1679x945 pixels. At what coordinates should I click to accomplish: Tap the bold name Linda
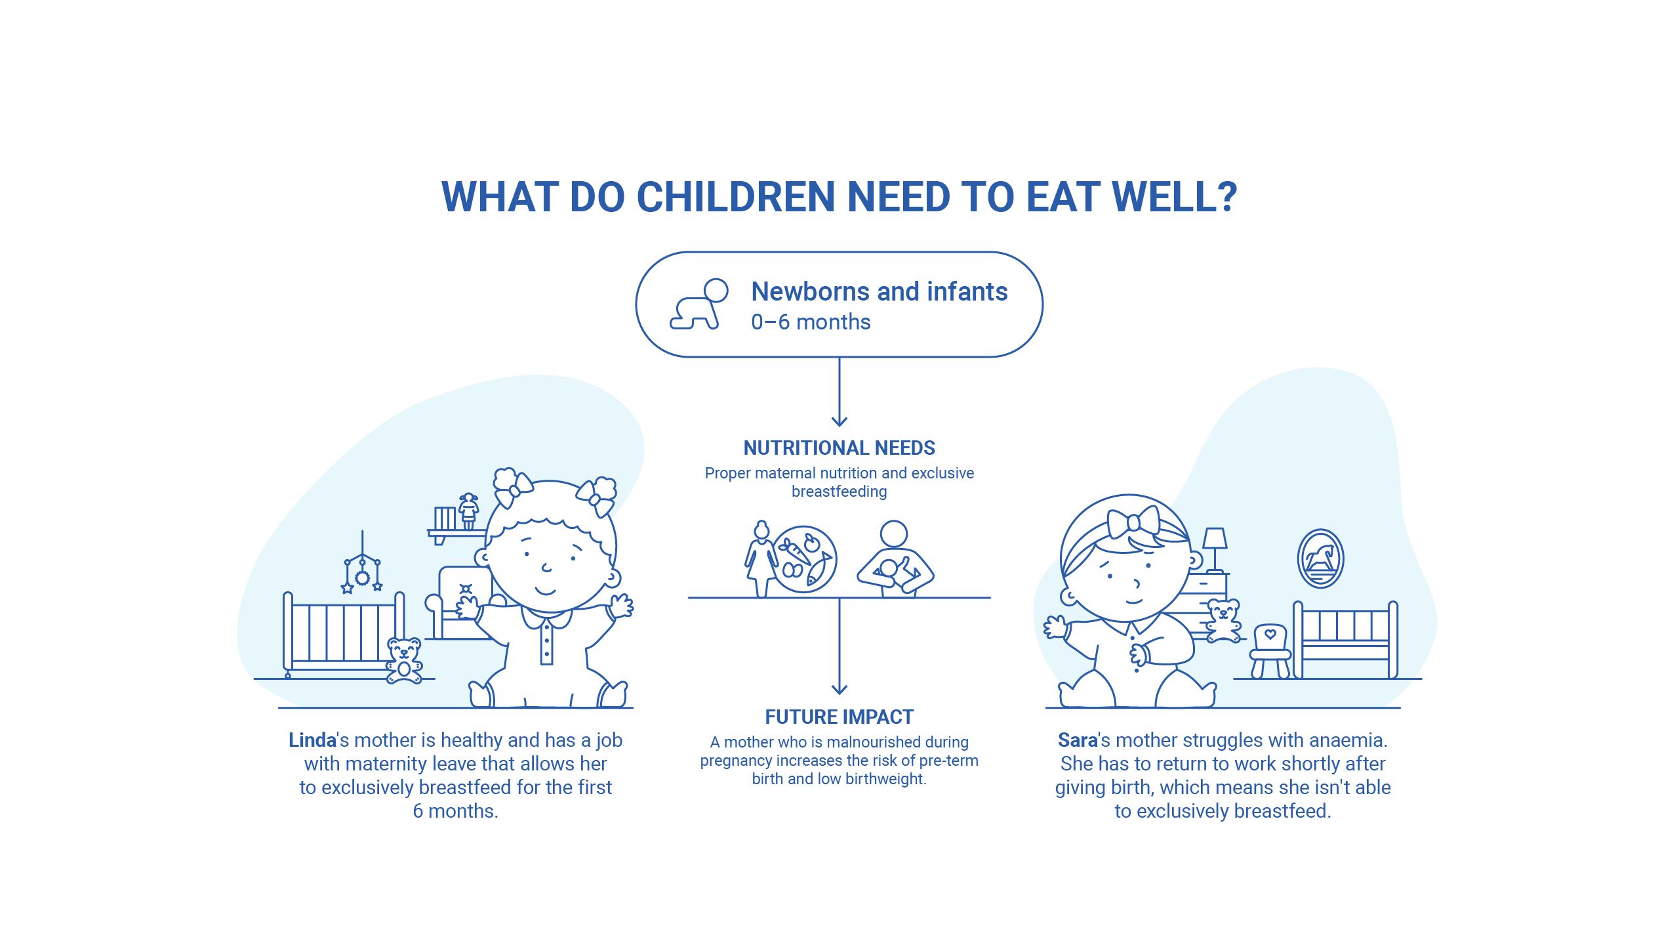click(312, 740)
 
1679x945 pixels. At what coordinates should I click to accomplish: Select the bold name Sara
click(1078, 740)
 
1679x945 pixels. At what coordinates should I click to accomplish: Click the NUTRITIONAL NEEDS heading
click(839, 448)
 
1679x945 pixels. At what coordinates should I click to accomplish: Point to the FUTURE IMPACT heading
click(839, 717)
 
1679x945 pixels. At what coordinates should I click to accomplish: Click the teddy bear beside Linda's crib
click(403, 660)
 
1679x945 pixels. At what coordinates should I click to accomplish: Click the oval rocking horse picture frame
click(1320, 559)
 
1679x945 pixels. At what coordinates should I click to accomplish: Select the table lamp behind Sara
click(1215, 548)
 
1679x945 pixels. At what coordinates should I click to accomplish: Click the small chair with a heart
click(1270, 650)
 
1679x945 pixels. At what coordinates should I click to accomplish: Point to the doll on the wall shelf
click(468, 511)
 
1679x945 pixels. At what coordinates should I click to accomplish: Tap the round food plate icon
click(804, 560)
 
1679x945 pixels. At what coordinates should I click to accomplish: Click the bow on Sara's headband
click(1133, 522)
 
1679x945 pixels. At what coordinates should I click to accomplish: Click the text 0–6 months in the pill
click(811, 322)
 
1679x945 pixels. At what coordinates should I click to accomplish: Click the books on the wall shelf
click(445, 518)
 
